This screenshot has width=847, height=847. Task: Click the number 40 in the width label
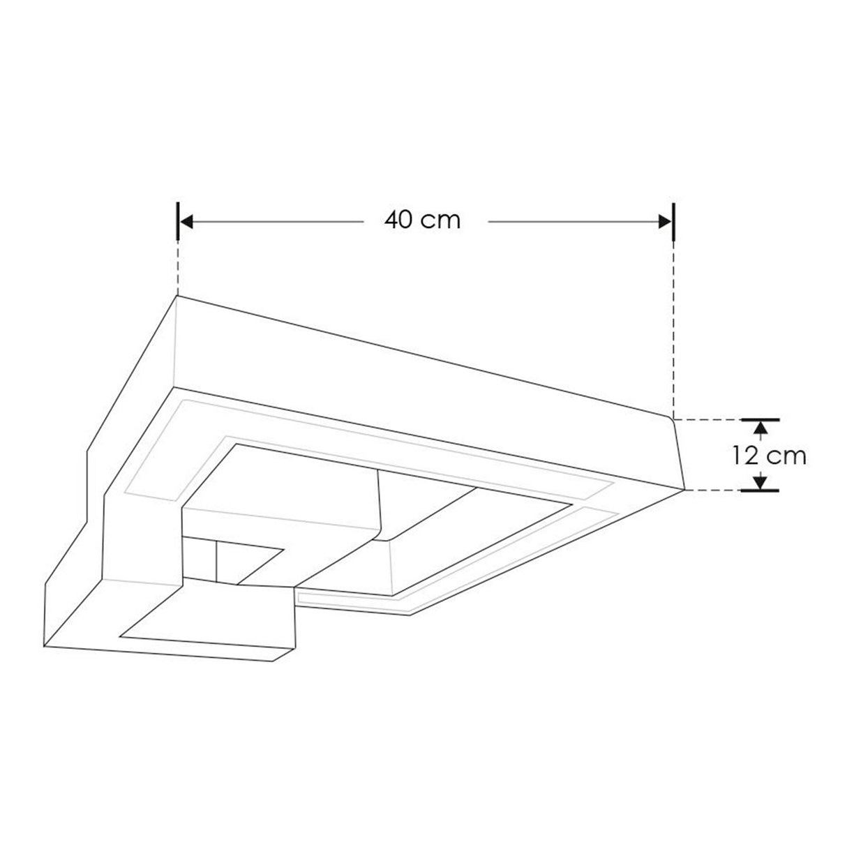(x=398, y=220)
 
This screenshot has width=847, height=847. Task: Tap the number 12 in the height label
(x=746, y=456)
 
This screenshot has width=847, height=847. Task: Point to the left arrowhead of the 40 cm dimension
(x=186, y=221)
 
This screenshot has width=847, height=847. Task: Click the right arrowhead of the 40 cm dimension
(x=665, y=221)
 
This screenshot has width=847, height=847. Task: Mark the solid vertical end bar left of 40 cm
(x=179, y=221)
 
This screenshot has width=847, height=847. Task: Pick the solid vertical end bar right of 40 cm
(x=673, y=221)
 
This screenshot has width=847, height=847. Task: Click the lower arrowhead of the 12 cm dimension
(x=760, y=481)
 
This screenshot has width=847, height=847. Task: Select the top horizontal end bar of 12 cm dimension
(x=760, y=420)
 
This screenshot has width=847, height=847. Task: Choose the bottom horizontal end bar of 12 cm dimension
(x=760, y=490)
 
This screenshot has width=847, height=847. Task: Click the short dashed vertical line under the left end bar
(x=179, y=269)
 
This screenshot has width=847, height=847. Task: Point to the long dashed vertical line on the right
(x=673, y=328)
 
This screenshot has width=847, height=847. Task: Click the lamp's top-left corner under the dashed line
(x=176, y=297)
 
